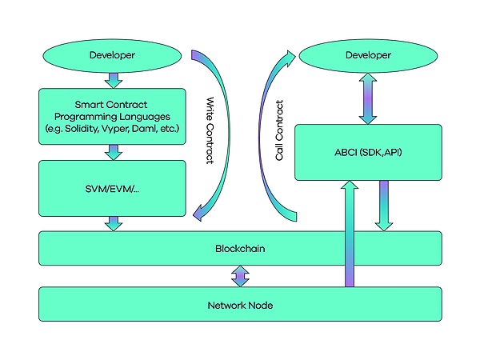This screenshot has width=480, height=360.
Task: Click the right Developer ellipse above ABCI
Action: (x=367, y=55)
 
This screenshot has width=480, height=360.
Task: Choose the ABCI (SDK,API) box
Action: (x=367, y=151)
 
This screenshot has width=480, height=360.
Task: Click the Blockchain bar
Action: (x=240, y=248)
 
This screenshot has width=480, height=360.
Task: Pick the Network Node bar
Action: (x=240, y=304)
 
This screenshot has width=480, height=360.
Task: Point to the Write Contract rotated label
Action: (x=210, y=132)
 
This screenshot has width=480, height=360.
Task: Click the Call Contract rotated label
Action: (x=279, y=132)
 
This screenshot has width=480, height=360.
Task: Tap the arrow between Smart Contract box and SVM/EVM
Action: (x=114, y=152)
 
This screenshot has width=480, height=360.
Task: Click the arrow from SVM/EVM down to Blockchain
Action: (x=114, y=222)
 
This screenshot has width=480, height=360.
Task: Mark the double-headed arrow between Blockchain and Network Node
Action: (x=240, y=276)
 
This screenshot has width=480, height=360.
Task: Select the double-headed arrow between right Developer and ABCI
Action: (x=367, y=98)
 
